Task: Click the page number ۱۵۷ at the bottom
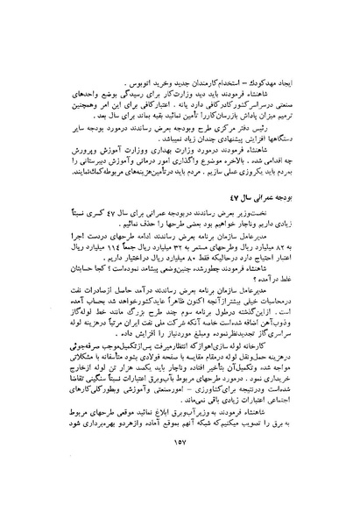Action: [180, 493]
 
